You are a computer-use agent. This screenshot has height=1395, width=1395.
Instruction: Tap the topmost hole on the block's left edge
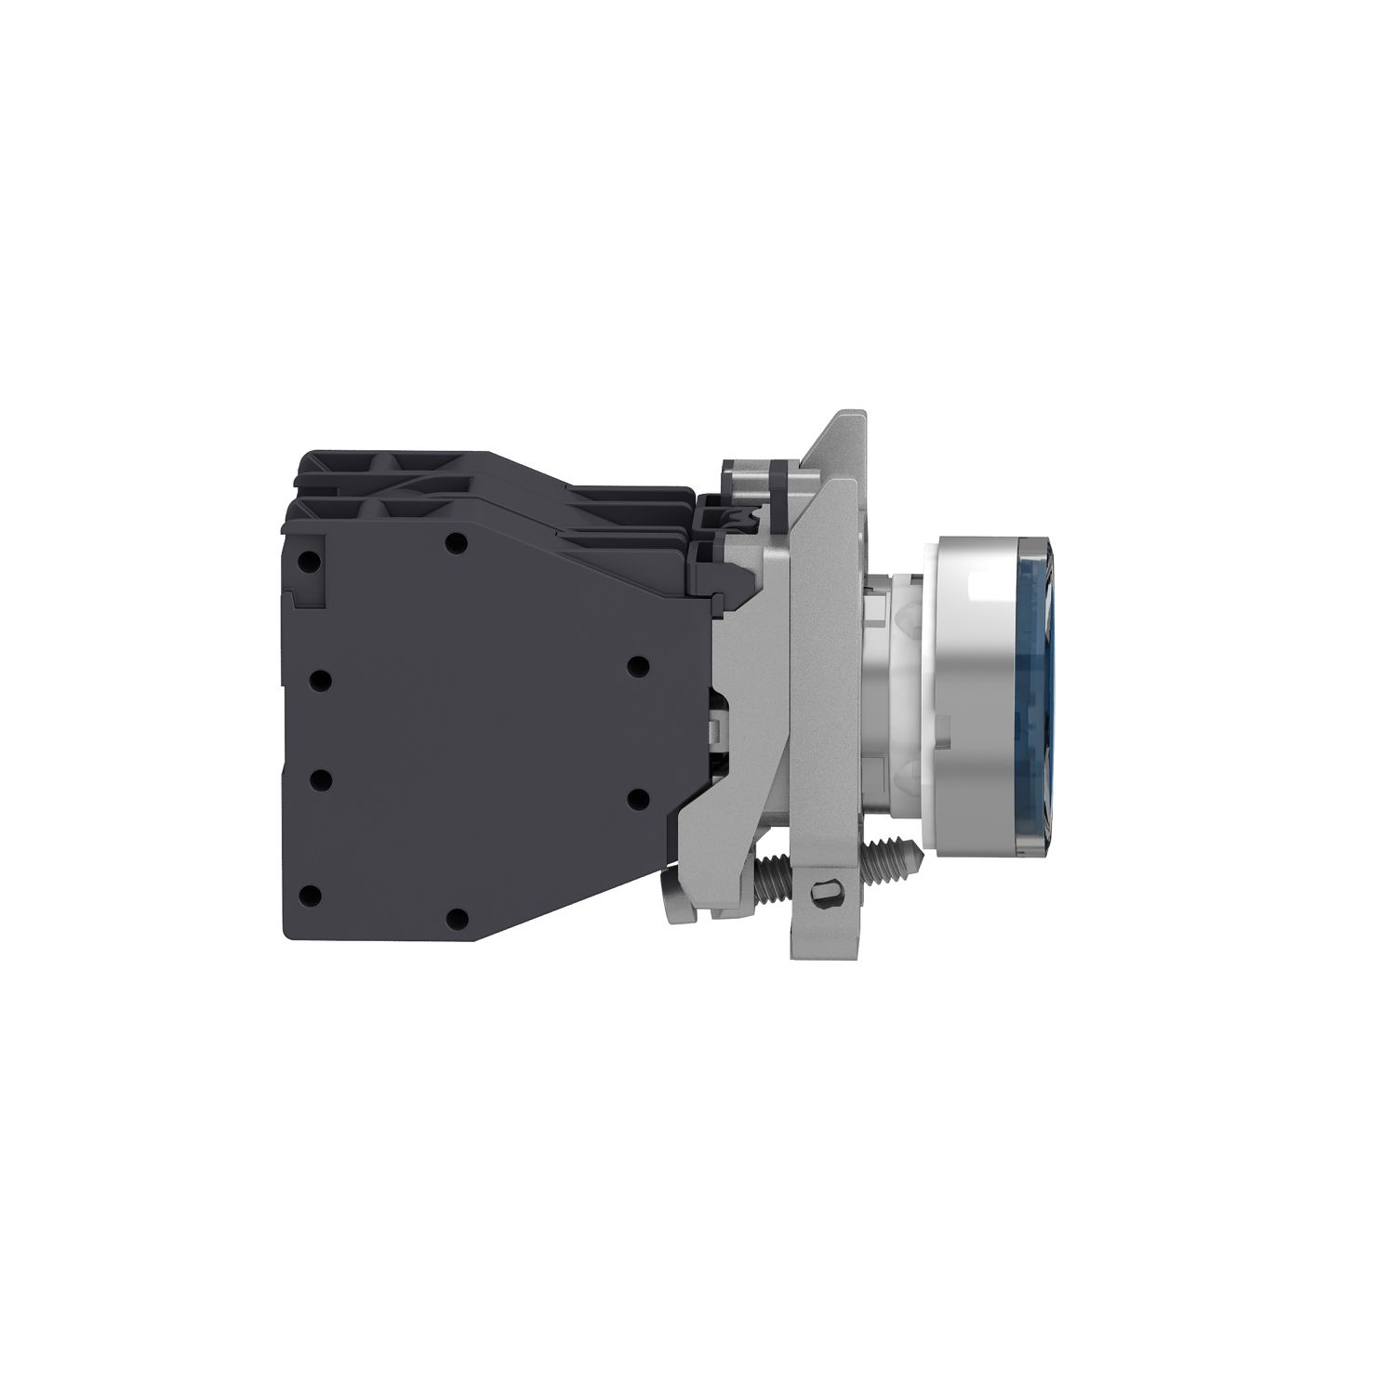[313, 562]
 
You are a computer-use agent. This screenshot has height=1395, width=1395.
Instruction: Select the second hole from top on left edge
[320, 682]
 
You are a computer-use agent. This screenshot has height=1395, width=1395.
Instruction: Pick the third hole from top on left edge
[320, 779]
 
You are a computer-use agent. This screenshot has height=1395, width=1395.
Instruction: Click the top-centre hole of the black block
[455, 543]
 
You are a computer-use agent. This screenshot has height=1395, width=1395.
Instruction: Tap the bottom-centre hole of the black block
[456, 919]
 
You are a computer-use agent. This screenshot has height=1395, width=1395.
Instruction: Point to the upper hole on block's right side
[637, 666]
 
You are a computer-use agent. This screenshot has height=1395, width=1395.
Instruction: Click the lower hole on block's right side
[637, 797]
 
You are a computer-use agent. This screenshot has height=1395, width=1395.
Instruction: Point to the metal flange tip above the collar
[842, 423]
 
